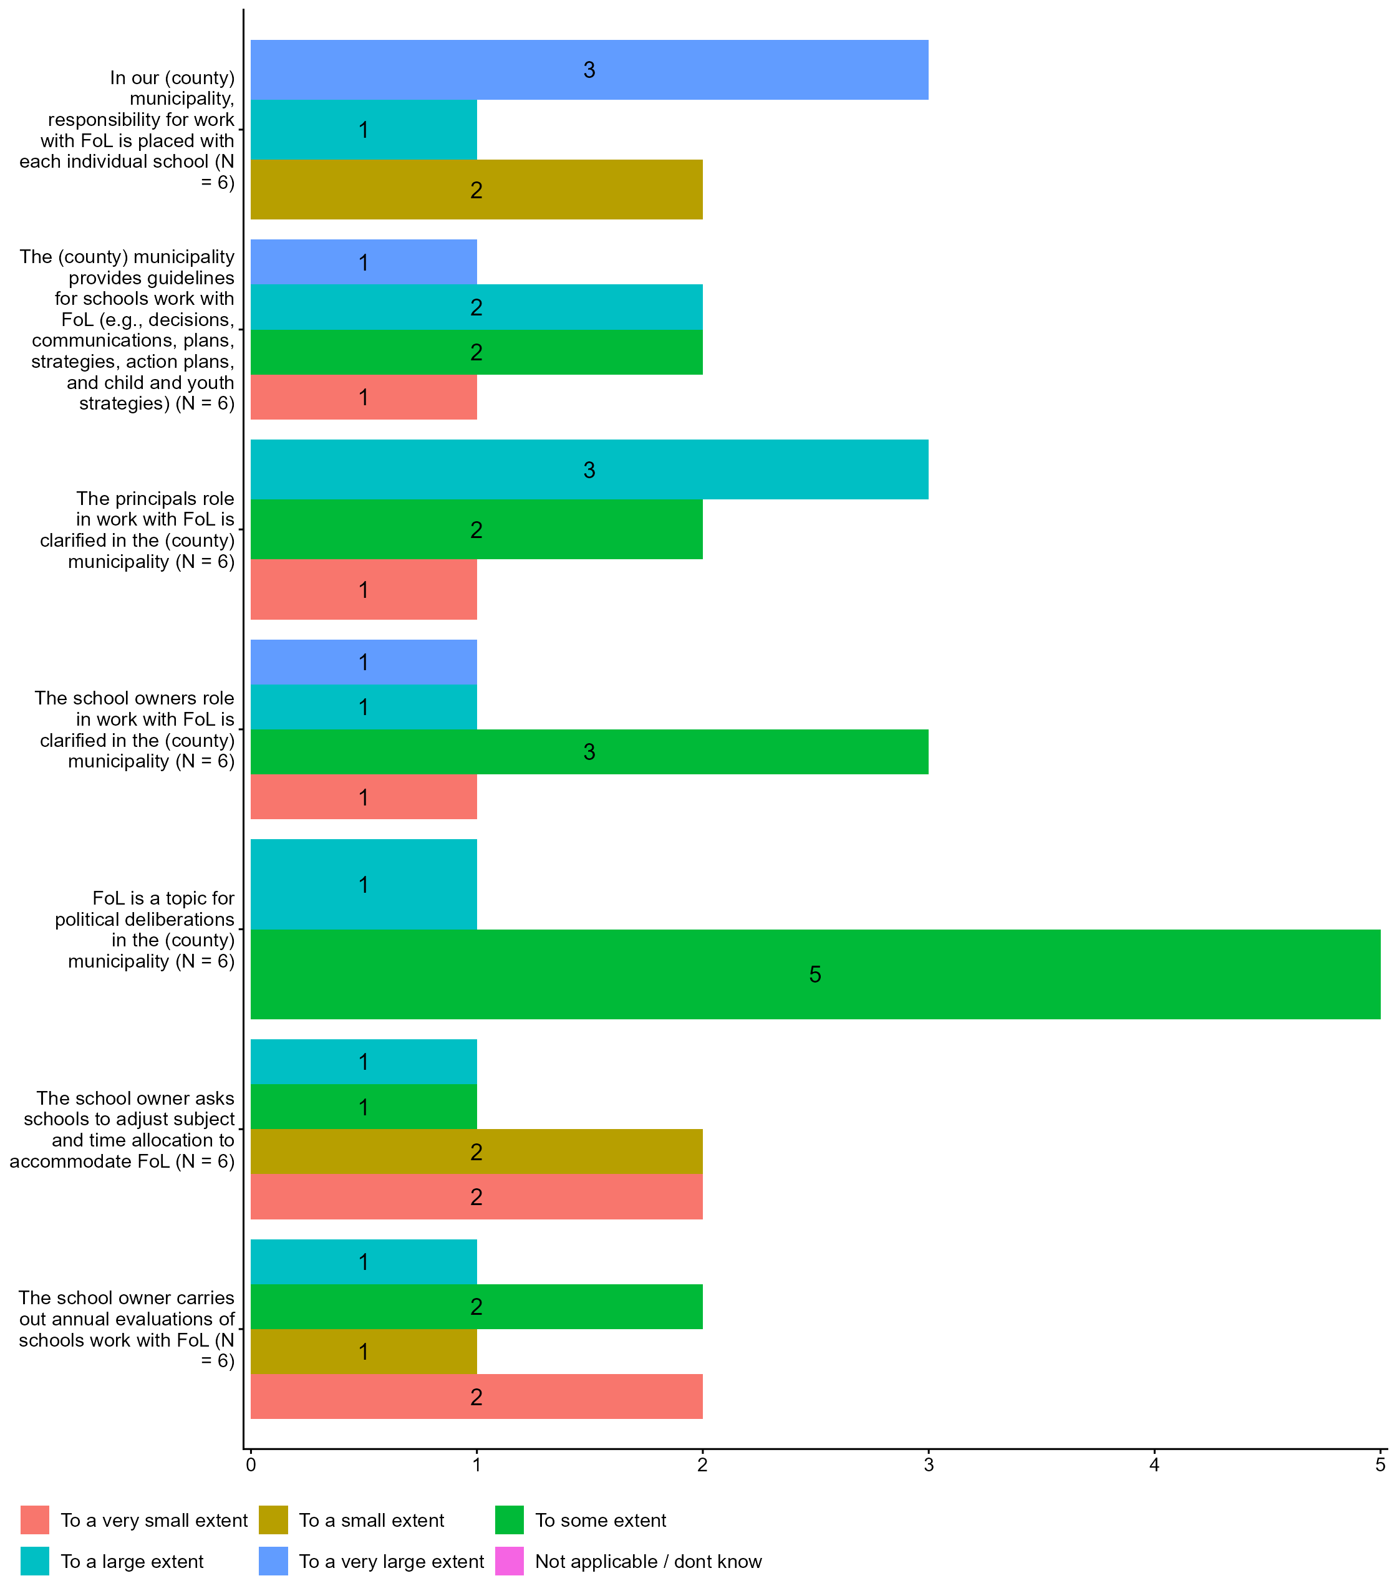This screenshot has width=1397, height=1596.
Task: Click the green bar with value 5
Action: coord(815,974)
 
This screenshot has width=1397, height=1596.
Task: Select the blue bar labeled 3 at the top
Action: coord(589,70)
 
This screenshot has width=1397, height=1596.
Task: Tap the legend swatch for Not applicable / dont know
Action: coord(509,1561)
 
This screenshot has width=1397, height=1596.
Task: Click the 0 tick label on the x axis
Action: coord(250,1465)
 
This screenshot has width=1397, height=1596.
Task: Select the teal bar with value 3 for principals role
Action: coord(589,470)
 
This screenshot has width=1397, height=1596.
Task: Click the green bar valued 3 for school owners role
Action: coord(589,752)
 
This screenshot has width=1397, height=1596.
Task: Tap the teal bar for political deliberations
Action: coord(363,885)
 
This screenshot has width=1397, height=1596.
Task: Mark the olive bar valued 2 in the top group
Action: coord(476,190)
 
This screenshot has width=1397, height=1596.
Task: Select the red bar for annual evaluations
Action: coord(476,1396)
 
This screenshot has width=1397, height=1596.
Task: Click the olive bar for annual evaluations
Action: coord(363,1352)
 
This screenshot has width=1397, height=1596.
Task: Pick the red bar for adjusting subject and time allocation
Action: coord(476,1196)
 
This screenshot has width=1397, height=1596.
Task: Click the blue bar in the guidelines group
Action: coord(363,262)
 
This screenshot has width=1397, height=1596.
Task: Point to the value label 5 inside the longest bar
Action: coord(815,974)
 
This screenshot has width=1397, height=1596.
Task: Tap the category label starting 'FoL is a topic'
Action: coord(144,929)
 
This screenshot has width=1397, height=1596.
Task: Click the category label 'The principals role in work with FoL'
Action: coord(138,530)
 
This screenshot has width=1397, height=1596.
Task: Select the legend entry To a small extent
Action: coord(371,1520)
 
